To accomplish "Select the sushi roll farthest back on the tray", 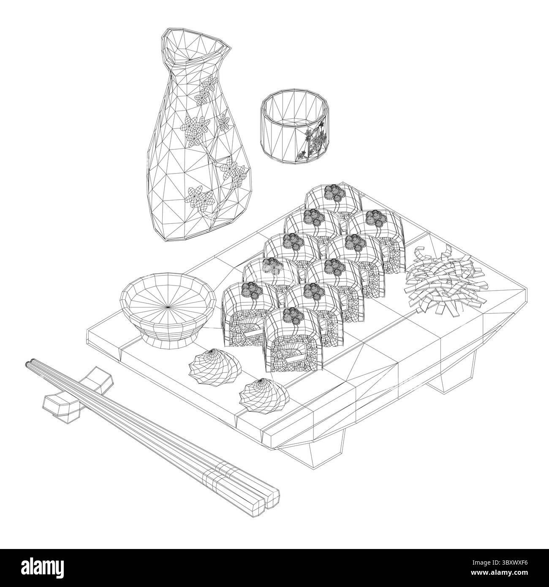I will point(334,198).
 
